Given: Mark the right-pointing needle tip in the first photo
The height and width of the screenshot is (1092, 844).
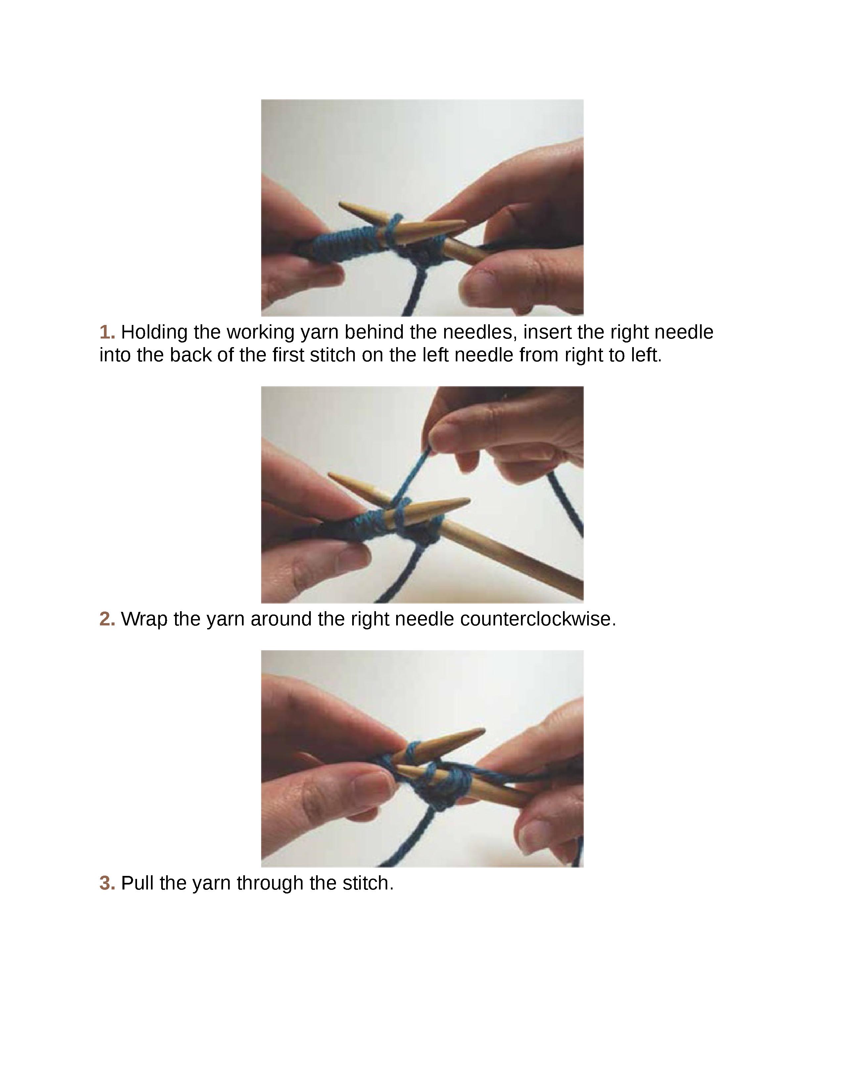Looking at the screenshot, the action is tap(462, 223).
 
